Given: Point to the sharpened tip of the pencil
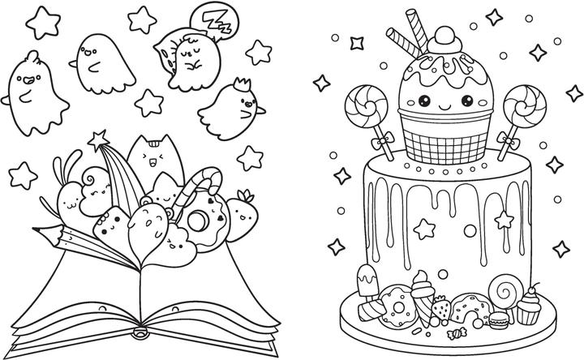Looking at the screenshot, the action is coord(36,229).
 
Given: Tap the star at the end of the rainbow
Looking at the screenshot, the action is coord(99,139).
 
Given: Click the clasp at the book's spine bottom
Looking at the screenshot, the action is coord(141,332).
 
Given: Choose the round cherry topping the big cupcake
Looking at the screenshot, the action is coord(446,38).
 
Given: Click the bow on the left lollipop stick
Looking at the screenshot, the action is coord(381,141).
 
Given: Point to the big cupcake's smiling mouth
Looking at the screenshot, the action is coord(445,108).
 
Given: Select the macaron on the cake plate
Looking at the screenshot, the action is coord(497,320).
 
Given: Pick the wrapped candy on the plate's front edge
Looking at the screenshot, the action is coord(457,332).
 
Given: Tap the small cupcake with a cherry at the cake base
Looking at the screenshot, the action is coord(529,305).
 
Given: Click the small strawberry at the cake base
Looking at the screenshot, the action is coord(441,308).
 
